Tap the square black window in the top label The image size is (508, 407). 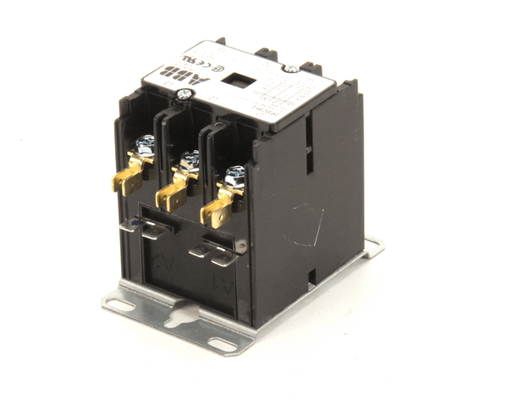point(238,81)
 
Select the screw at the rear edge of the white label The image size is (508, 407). point(290,68)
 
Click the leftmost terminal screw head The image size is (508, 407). point(146,142)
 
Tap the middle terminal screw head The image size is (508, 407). point(190,159)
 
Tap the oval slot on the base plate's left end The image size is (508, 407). point(120,304)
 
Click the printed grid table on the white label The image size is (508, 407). point(284,97)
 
